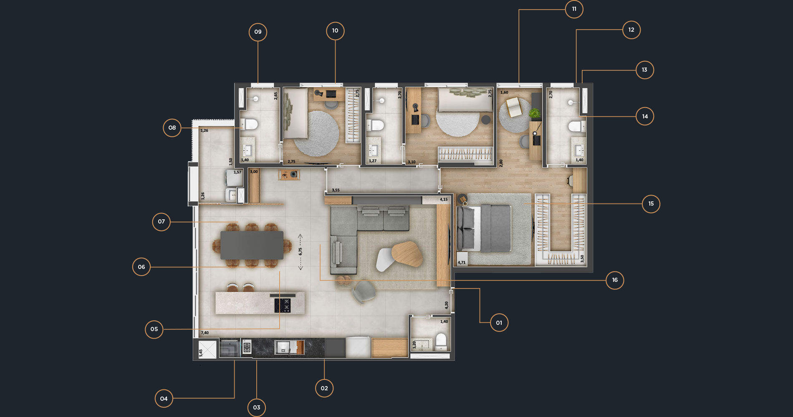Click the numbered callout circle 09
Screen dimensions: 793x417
click(258, 32)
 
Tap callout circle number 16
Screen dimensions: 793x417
click(615, 280)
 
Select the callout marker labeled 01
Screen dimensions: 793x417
click(499, 323)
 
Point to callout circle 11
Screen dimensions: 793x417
click(574, 9)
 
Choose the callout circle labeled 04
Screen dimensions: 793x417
click(164, 399)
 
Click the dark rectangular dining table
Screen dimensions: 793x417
click(252, 245)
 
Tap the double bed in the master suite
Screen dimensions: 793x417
click(484, 228)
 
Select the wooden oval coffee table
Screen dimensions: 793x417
click(407, 254)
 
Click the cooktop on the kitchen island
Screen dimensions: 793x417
click(282, 305)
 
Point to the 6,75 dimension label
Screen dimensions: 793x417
click(300, 251)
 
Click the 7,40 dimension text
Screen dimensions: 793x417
click(205, 333)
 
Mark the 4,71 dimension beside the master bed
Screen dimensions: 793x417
click(461, 263)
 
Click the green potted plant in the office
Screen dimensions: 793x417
click(534, 113)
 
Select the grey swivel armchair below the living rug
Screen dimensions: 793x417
click(364, 291)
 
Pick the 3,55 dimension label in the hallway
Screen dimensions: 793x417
click(336, 190)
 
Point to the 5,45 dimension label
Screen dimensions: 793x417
click(201, 353)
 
